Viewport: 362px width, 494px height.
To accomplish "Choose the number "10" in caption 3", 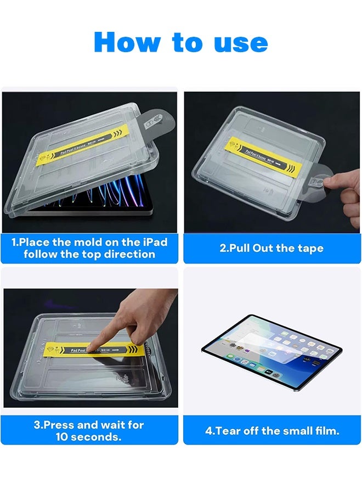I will (63, 437).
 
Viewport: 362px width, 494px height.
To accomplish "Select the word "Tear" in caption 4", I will (227, 431).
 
